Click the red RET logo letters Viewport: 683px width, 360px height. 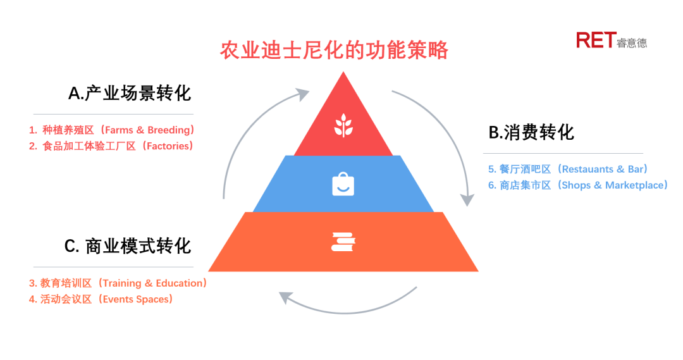tap(596, 40)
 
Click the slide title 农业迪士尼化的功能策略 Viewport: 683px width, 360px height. tap(334, 50)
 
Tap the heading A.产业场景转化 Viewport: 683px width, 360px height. tap(130, 93)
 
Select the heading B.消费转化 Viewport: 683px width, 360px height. tap(531, 132)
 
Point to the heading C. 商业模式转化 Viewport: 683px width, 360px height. tap(128, 246)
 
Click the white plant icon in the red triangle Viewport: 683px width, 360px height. tap(343, 125)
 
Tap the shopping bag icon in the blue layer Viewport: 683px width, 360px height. tap(343, 184)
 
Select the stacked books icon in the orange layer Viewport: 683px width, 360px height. tap(343, 242)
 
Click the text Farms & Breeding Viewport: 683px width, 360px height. tap(147, 130)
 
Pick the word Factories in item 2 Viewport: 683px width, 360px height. tap(167, 146)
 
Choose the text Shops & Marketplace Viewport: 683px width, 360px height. tap(612, 185)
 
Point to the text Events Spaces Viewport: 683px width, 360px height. tap(135, 299)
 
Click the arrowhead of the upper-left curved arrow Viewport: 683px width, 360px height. tap(302, 94)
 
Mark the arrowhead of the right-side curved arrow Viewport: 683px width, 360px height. tap(467, 200)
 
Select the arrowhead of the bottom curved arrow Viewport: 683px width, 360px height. tap(285, 297)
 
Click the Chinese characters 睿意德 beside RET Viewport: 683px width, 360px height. tap(632, 43)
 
